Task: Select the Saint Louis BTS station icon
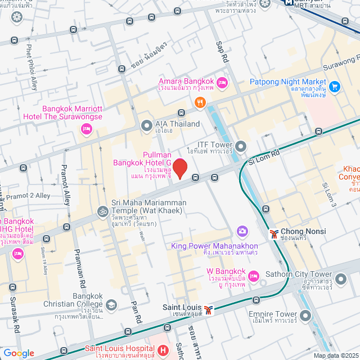[209, 309]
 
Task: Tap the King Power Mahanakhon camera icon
[242, 231]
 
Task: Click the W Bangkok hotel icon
[254, 276]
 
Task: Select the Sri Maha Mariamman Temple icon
[102, 212]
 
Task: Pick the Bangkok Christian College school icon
[111, 305]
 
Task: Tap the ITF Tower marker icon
[241, 147]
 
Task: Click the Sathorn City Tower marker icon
[341, 278]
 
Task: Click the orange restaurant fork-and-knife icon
[199, 102]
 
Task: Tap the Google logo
[18, 353]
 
